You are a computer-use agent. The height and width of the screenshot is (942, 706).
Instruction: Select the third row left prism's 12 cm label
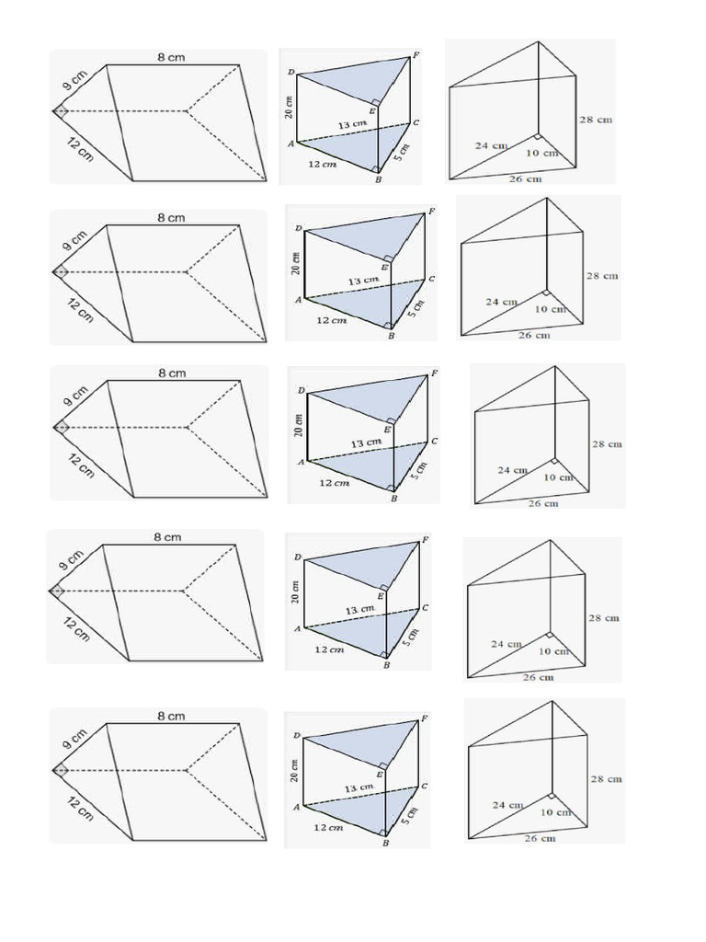80,462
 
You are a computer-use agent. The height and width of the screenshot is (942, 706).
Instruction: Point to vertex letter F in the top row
416,55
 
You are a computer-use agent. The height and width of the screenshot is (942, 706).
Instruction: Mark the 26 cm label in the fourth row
539,677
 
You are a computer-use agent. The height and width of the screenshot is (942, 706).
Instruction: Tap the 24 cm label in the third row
510,470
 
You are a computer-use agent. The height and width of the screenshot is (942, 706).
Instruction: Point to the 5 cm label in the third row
420,470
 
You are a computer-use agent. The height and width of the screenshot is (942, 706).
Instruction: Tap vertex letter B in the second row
391,337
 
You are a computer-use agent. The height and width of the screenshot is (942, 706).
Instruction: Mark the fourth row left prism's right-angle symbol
57,591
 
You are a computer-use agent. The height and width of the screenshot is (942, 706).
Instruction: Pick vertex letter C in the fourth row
425,608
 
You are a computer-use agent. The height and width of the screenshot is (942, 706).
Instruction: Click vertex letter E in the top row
372,111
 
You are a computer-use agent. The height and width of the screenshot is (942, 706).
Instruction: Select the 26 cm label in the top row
525,178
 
